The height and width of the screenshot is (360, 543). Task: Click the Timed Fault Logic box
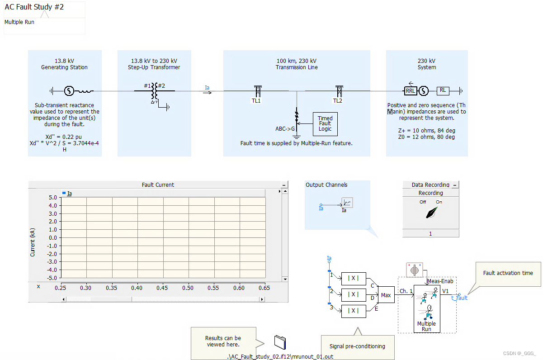[x=325, y=123]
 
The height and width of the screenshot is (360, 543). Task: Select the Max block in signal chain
[x=386, y=295]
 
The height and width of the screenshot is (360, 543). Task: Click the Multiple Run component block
[x=426, y=312]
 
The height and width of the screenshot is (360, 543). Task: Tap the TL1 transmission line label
[x=256, y=101]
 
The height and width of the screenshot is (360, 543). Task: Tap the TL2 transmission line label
[x=338, y=101]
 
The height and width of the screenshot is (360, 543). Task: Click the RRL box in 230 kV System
[x=411, y=91]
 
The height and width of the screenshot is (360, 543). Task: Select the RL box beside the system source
[x=443, y=90]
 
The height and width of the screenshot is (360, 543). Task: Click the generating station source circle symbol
[x=69, y=91]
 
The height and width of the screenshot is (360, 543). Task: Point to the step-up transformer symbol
[x=155, y=91]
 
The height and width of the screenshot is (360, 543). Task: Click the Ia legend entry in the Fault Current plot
[x=69, y=194]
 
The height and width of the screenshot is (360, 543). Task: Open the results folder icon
[x=280, y=342]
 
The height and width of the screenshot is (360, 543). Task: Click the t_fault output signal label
[x=459, y=298]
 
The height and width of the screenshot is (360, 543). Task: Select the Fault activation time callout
[x=508, y=273]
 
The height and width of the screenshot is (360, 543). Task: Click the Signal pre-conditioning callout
[x=357, y=346]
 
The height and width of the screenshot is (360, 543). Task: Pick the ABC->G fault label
[x=285, y=128]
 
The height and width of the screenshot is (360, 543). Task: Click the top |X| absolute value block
[x=354, y=279]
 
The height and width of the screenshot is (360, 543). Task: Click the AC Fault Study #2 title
[x=34, y=8]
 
